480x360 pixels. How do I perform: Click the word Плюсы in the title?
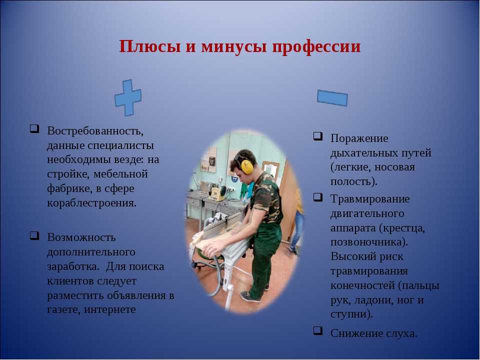(x=150, y=47)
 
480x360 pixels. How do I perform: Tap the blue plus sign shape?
(x=128, y=97)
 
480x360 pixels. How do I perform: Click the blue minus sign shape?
(x=332, y=98)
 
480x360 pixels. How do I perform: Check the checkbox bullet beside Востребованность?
(x=34, y=128)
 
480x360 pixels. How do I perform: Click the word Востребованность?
(x=95, y=130)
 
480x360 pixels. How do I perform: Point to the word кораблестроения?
(x=91, y=203)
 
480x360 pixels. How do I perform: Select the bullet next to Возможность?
(x=34, y=235)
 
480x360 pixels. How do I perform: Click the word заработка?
(x=73, y=266)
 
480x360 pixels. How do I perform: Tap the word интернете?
(x=110, y=309)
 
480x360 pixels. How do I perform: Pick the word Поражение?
(x=359, y=138)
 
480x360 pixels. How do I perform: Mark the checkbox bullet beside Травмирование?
(x=318, y=197)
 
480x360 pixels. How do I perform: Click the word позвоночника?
(x=369, y=242)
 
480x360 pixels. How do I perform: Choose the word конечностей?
(x=362, y=285)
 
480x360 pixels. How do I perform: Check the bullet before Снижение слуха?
(x=318, y=331)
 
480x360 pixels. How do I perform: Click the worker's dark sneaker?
(x=250, y=296)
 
